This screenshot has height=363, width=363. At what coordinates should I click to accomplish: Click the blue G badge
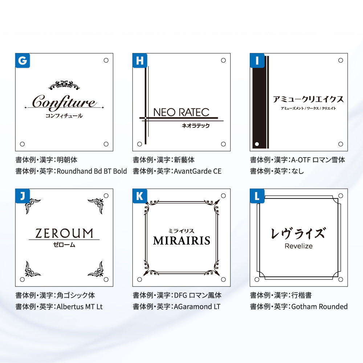pos(23,60)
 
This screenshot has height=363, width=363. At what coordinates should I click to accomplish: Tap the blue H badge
pos(140,60)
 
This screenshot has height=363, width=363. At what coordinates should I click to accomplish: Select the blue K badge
pos(140,196)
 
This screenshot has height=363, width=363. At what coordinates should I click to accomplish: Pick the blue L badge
pos(257,196)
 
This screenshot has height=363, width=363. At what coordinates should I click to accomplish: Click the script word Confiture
pos(64,102)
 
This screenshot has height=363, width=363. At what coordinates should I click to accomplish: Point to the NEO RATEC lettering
pos(181,112)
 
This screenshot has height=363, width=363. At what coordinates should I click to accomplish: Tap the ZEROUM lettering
pos(64,233)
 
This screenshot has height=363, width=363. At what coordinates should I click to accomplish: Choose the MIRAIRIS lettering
pos(181,241)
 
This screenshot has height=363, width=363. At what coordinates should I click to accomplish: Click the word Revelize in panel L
pos(298,246)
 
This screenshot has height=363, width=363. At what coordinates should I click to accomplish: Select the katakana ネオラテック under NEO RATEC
pos(196,126)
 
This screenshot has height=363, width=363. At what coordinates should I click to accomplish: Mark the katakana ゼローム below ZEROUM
pos(64,245)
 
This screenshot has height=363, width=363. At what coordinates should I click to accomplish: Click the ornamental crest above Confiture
pos(64,85)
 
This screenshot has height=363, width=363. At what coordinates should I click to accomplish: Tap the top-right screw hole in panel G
pos(106,60)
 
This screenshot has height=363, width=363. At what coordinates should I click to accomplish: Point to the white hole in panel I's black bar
pos(257,144)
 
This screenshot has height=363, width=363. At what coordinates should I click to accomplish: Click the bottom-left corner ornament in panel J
pos(32,269)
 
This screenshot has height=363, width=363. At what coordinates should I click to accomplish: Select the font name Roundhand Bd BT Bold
pos(92,171)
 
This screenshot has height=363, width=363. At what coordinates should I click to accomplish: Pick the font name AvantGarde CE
pos(197,171)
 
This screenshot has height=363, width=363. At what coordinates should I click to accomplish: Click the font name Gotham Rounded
pos(319,306)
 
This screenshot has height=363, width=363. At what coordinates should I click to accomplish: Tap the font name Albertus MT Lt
pos(79,306)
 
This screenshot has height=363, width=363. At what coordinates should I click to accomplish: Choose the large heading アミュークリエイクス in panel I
pos(308,99)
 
